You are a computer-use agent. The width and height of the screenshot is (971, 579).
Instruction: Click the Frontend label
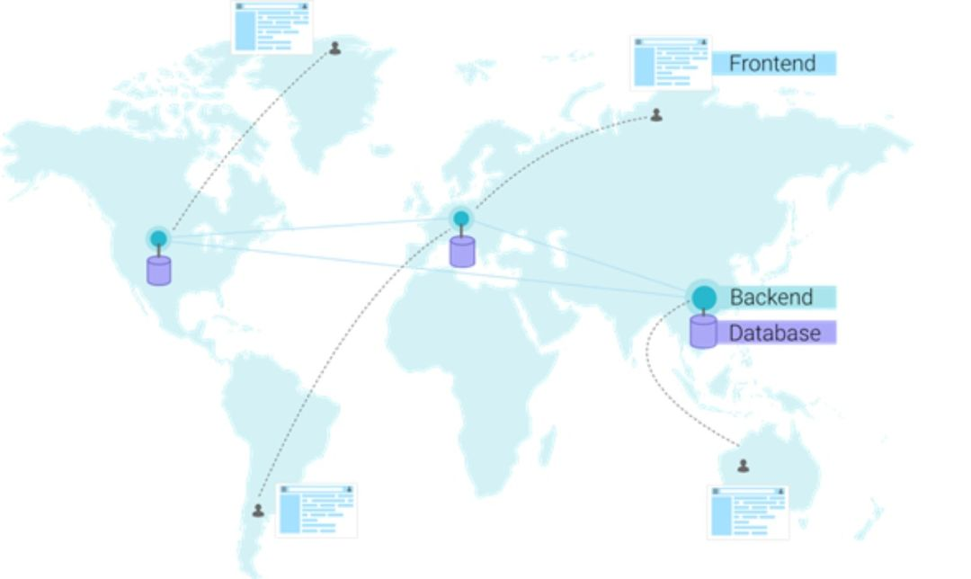(772, 64)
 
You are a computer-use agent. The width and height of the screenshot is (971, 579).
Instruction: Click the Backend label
(771, 298)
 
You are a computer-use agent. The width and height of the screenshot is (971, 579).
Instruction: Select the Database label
(774, 333)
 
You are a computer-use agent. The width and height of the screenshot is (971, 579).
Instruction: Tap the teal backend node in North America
(159, 238)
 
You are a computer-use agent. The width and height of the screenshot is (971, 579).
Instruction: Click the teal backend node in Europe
(461, 218)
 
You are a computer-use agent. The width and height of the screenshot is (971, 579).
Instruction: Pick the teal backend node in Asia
(704, 297)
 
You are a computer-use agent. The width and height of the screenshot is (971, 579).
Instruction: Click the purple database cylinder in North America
(159, 271)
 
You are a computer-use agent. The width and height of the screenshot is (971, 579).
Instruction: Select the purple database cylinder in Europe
(462, 252)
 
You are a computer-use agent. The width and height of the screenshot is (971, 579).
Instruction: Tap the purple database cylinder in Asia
(703, 331)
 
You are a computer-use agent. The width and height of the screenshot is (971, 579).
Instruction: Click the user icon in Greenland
(335, 48)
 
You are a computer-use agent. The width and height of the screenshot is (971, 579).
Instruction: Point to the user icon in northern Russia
(656, 115)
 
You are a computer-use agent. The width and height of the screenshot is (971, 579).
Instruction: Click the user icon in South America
(258, 511)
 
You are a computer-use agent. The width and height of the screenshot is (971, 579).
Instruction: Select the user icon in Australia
(743, 466)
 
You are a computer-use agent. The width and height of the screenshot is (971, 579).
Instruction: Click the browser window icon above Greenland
(272, 28)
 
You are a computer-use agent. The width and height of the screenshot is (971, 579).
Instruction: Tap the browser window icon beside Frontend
(670, 63)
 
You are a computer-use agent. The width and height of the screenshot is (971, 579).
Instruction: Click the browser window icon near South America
(316, 511)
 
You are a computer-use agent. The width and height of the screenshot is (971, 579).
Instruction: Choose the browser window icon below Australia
(747, 512)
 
